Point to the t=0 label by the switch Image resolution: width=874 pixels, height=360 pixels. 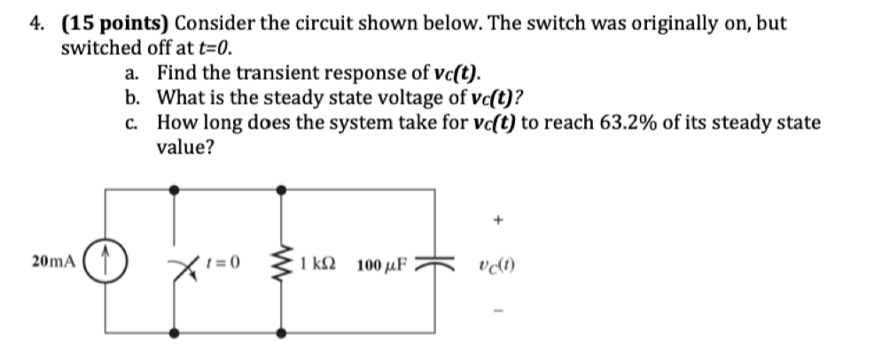(215, 262)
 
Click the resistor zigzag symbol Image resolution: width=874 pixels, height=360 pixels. (283, 262)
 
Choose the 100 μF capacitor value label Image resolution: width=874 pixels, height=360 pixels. (382, 264)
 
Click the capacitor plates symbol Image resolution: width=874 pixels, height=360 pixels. (434, 263)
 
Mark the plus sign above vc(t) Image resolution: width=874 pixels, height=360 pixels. (500, 217)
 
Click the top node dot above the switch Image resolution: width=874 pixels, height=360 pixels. (176, 190)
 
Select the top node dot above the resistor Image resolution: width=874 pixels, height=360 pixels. (283, 190)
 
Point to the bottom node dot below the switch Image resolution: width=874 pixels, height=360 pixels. (176, 334)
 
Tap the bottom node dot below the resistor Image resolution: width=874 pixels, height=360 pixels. (283, 334)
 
